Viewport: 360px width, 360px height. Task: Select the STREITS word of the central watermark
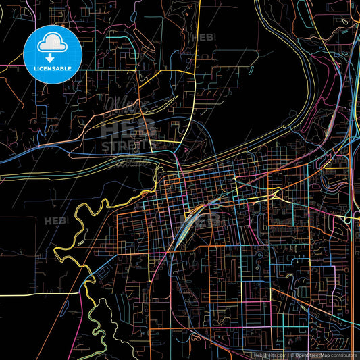click(x=128, y=145)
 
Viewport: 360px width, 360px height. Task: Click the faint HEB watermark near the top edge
click(x=203, y=38)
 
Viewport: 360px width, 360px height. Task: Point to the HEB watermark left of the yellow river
click(x=55, y=221)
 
